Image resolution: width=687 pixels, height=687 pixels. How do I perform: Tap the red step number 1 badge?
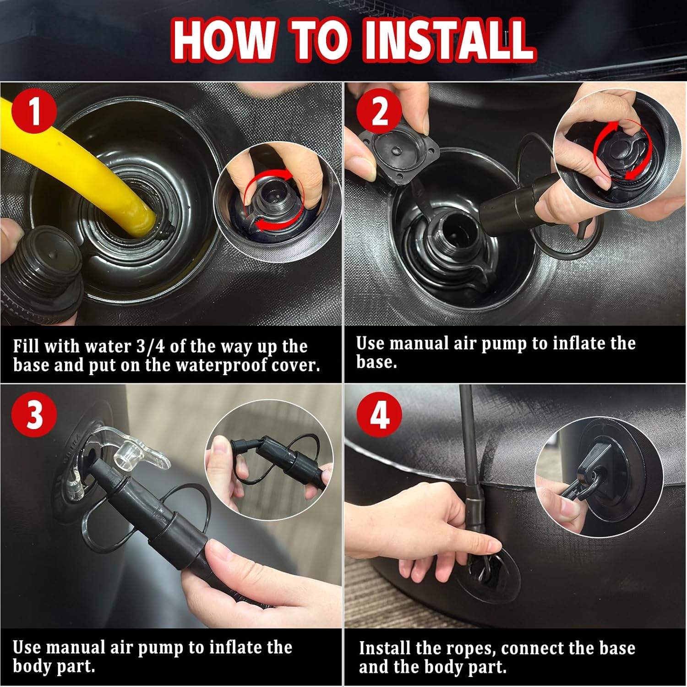[x=35, y=111]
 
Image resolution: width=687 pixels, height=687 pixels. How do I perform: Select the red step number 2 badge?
[x=379, y=111]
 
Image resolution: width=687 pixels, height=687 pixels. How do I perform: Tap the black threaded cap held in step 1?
[x=44, y=270]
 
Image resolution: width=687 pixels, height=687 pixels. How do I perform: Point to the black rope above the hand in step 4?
[x=469, y=440]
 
